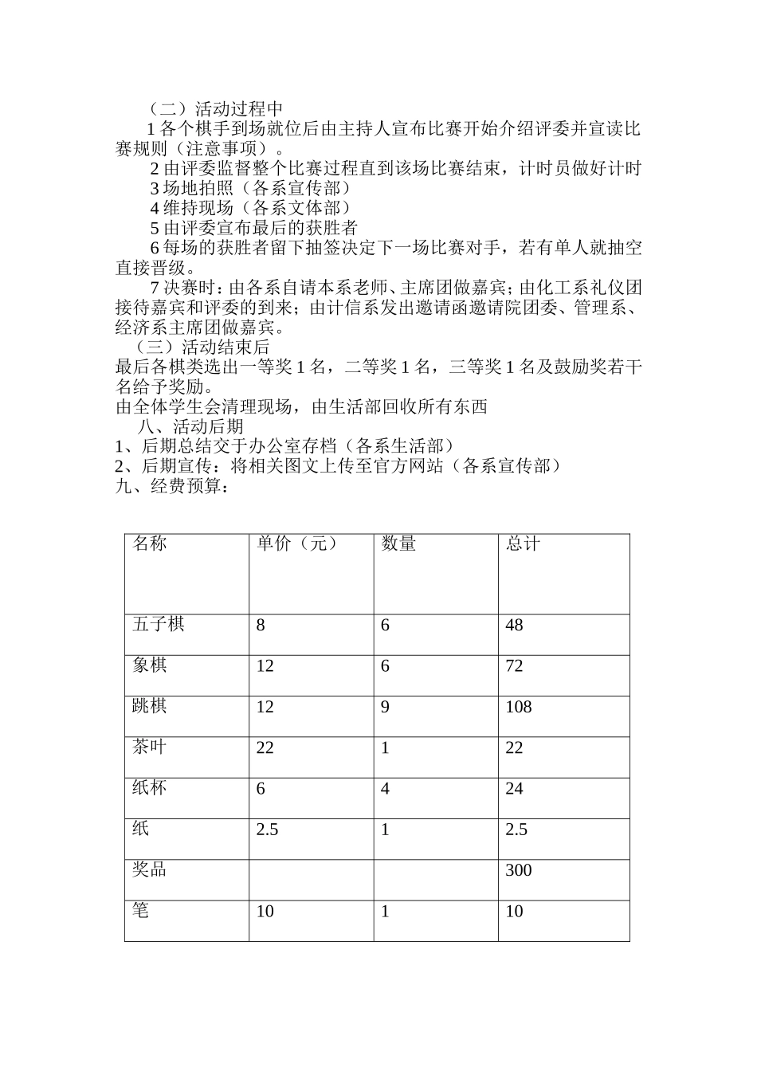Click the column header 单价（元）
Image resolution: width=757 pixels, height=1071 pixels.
coord(296,543)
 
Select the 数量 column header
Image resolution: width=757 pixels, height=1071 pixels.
coord(398,543)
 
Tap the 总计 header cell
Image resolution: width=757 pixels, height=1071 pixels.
coord(523,543)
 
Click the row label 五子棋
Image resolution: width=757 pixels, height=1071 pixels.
coord(159,624)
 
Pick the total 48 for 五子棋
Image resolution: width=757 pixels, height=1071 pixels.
coord(514,625)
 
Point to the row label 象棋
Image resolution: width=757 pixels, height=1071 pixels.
coord(150,665)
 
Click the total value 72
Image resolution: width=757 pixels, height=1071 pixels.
coord(514,665)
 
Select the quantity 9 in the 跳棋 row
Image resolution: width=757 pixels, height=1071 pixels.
coord(386,707)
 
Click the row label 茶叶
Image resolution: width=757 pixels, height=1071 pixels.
coord(150,747)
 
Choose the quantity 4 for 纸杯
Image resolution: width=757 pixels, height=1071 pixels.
coord(386,789)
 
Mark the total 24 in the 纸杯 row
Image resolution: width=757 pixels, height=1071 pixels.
coord(514,789)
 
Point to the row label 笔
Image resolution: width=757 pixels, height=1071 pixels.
coord(141,910)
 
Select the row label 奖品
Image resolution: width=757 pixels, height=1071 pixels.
coord(150,869)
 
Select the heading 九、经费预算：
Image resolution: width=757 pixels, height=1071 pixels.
coord(173,486)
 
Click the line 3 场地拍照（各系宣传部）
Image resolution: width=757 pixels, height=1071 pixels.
coord(250,188)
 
